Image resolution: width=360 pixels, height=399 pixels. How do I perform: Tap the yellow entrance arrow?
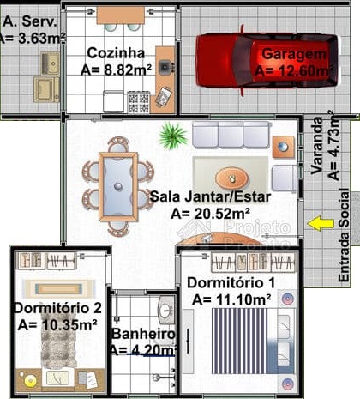(321, 223)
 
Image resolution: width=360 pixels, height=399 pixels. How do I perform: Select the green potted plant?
(173, 135)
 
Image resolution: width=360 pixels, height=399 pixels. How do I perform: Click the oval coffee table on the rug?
(231, 178)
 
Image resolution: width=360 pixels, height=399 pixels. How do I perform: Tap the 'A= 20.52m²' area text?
(210, 213)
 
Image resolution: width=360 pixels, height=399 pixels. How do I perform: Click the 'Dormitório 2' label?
(51, 307)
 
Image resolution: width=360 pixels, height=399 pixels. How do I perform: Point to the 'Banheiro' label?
(143, 333)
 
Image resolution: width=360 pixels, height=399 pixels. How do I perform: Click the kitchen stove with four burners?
(138, 103)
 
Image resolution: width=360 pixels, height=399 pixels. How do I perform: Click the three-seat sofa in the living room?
(231, 135)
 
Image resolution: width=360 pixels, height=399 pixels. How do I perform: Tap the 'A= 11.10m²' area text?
(231, 299)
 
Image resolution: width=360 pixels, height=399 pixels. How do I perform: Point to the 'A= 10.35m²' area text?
(57, 325)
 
